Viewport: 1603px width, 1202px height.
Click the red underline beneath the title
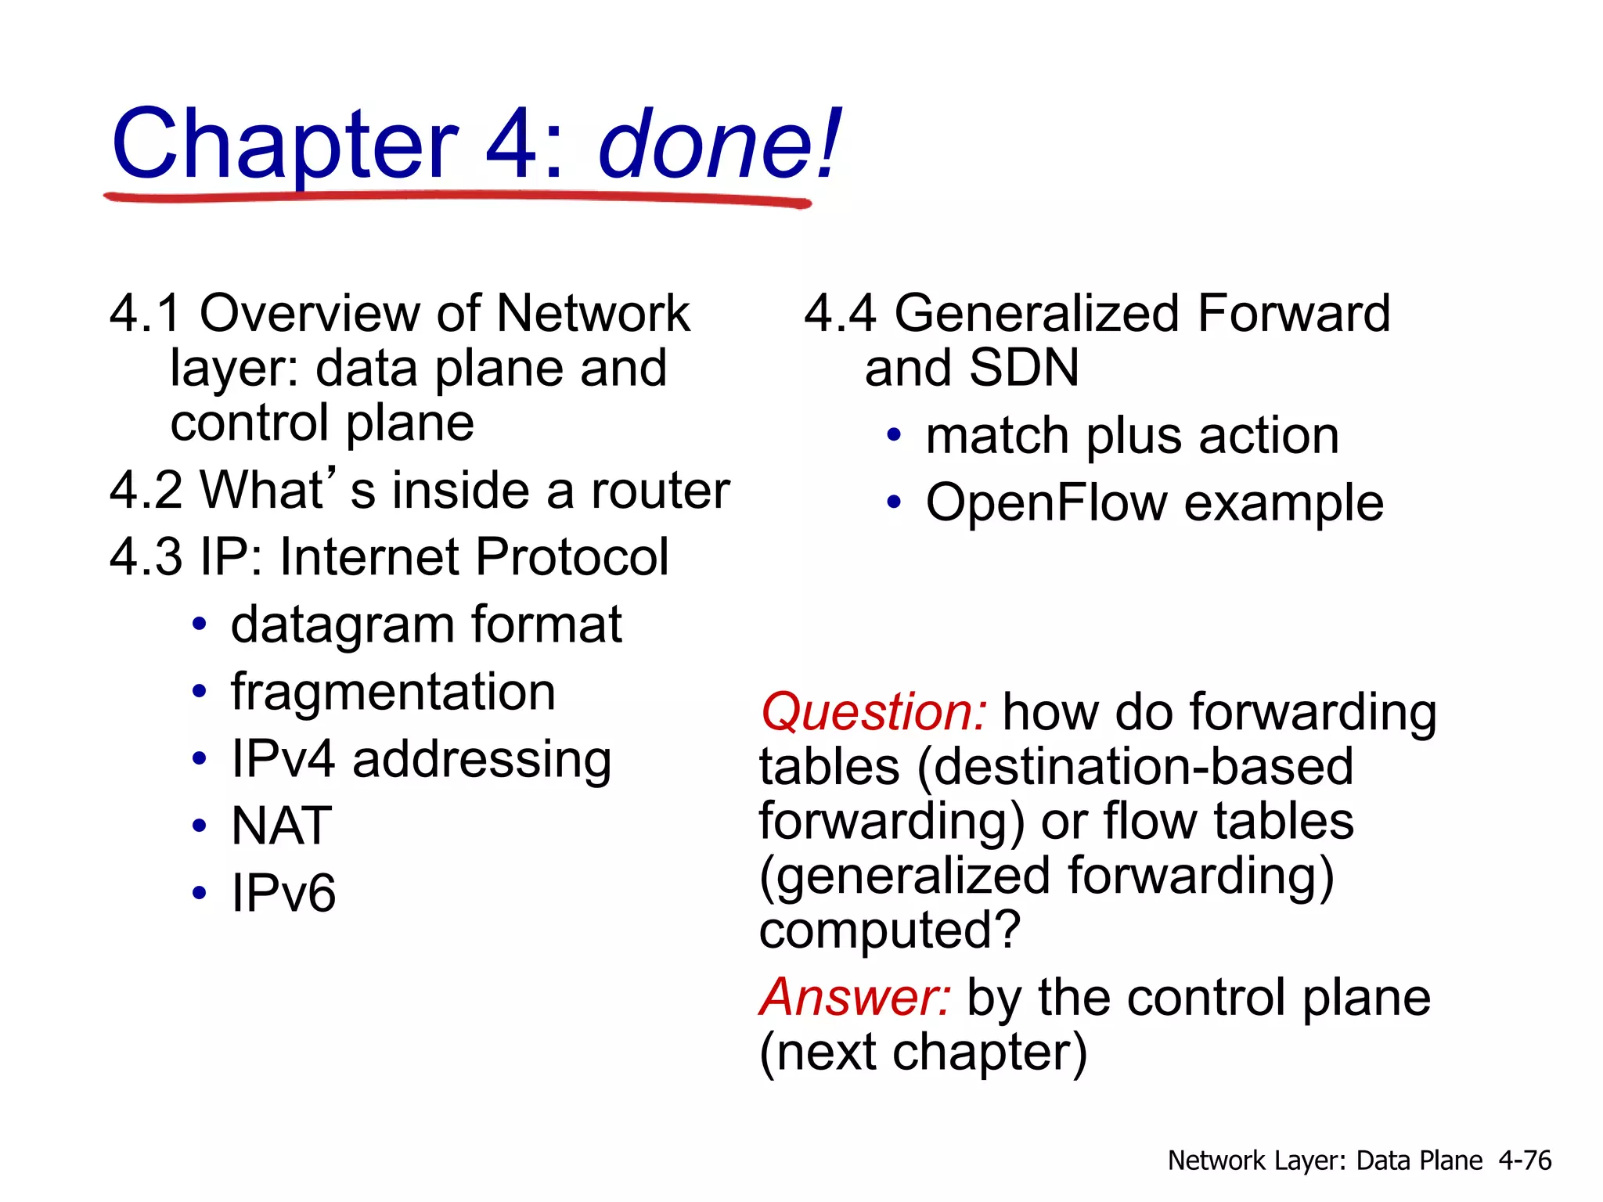pyautogui.click(x=457, y=197)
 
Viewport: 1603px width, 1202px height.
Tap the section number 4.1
pyautogui.click(x=145, y=314)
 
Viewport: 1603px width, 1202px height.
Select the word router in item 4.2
pyautogui.click(x=660, y=491)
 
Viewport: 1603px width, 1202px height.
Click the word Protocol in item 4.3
pyautogui.click(x=571, y=558)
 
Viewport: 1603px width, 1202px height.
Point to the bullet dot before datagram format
pyautogui.click(x=200, y=624)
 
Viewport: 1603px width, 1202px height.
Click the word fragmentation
pyautogui.click(x=393, y=693)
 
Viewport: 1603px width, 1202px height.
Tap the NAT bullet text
pyautogui.click(x=281, y=826)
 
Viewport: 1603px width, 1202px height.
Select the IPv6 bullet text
pyautogui.click(x=283, y=893)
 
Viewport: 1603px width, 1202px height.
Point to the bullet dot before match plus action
pyautogui.click(x=894, y=435)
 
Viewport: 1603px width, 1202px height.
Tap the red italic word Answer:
pyautogui.click(x=856, y=998)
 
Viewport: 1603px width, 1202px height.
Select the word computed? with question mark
pyautogui.click(x=890, y=930)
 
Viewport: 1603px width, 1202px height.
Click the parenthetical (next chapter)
pyautogui.click(x=924, y=1053)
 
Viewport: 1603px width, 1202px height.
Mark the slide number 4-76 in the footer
pyautogui.click(x=1525, y=1161)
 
